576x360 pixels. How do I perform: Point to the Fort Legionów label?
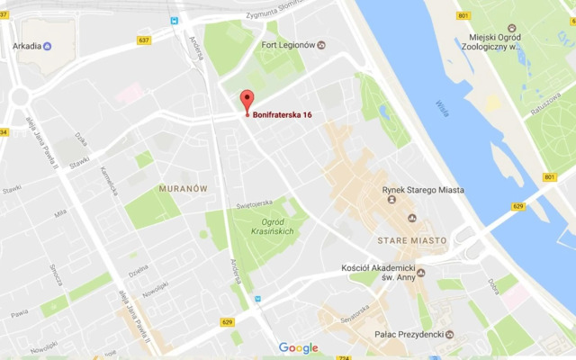point(287,45)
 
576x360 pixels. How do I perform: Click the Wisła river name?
point(442,109)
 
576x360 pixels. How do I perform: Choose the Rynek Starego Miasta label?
point(424,189)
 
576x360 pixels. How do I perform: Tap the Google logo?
point(299,348)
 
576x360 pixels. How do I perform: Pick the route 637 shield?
point(144,40)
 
